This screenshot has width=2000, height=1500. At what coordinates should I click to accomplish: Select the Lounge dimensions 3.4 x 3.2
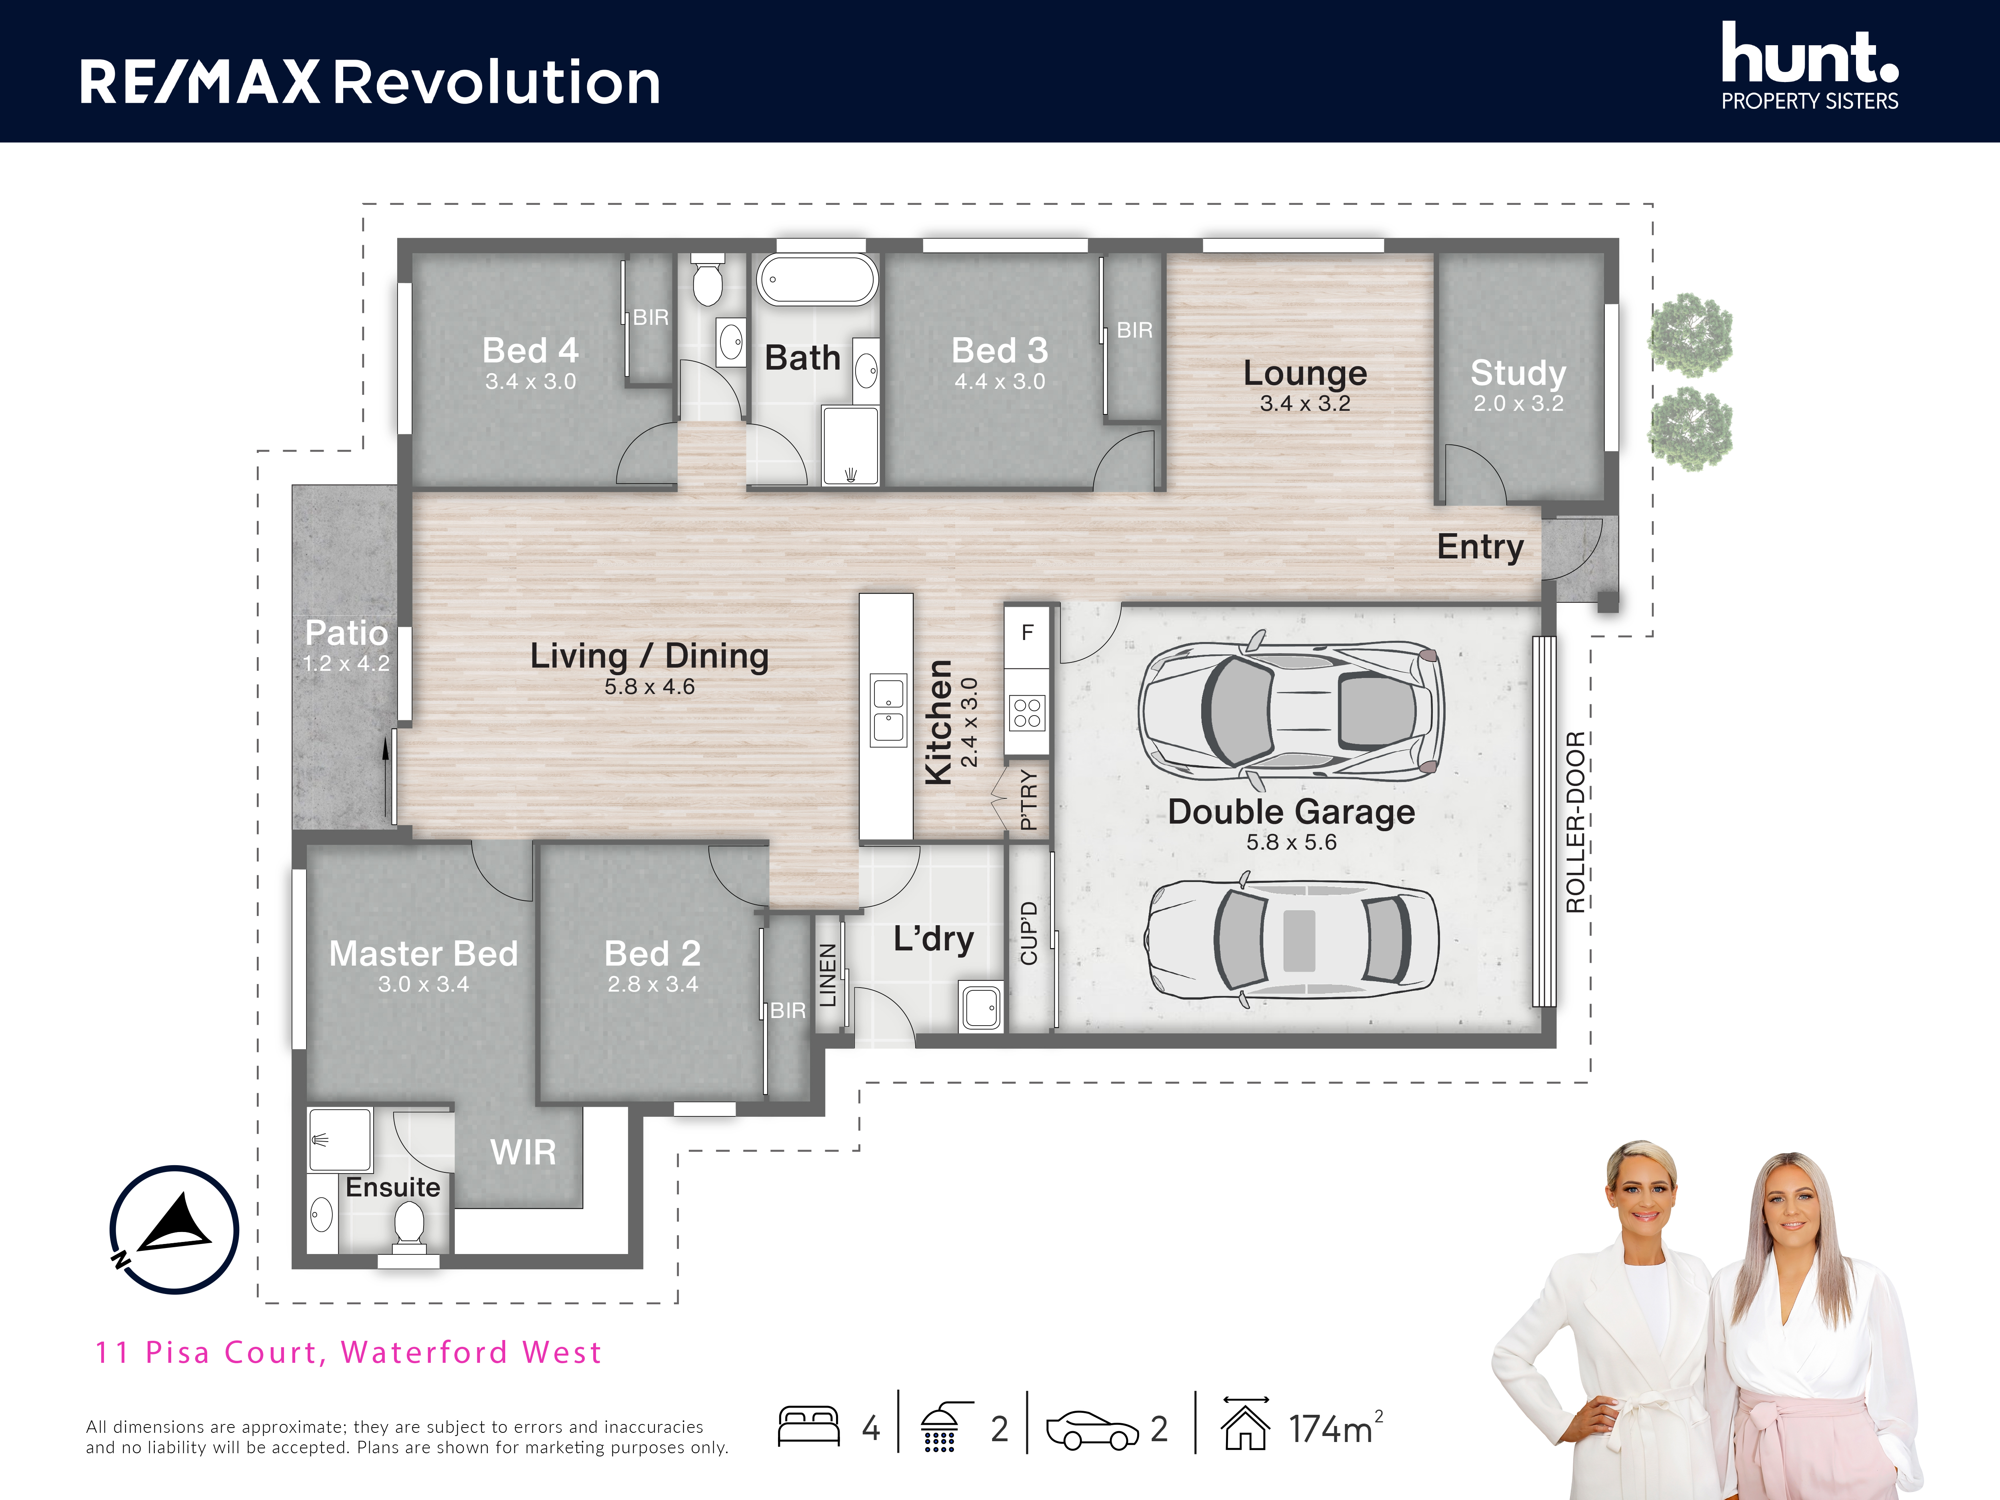[1305, 403]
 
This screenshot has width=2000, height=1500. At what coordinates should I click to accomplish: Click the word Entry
[1480, 546]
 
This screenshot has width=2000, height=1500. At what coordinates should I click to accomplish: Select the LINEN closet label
[827, 976]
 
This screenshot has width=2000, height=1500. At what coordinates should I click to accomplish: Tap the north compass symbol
[174, 1230]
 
